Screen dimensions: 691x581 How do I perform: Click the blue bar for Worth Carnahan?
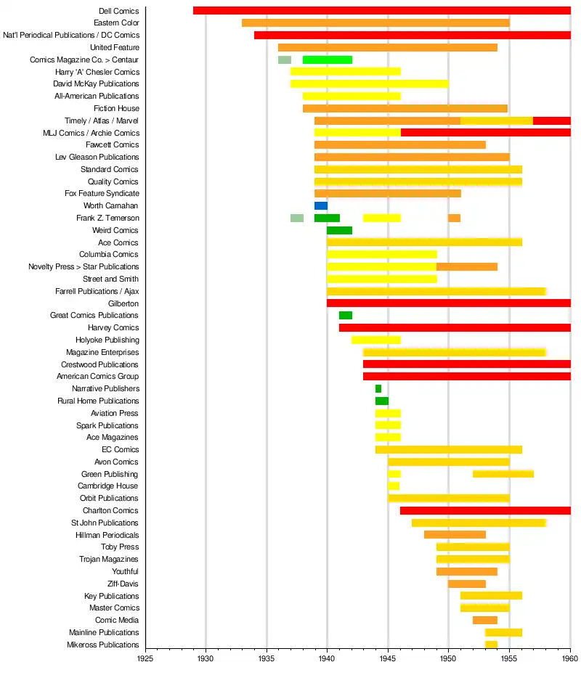click(321, 206)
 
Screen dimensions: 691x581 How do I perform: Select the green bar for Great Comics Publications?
click(346, 316)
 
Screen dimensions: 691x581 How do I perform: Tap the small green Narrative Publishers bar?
click(378, 389)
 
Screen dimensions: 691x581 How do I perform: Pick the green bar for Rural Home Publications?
click(382, 401)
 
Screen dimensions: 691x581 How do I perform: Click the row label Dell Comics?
click(118, 11)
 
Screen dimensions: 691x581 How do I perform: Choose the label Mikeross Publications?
click(102, 645)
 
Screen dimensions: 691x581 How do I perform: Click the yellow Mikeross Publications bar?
click(491, 645)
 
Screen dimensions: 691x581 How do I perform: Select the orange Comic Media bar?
click(485, 621)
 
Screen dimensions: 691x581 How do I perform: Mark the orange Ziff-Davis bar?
click(467, 584)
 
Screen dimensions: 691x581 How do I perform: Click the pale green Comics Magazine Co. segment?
click(285, 60)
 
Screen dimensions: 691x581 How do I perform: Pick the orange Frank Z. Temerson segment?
click(454, 218)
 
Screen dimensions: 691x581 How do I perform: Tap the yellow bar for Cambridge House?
click(394, 486)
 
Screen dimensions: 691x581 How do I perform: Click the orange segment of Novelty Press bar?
click(467, 266)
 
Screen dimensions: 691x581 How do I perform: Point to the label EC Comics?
click(121, 449)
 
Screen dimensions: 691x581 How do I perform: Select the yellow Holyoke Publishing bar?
click(376, 340)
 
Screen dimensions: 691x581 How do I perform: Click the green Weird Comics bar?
click(339, 230)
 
